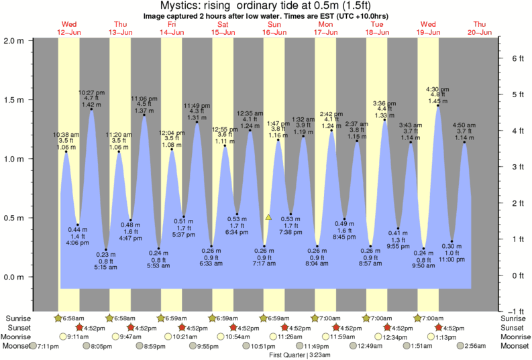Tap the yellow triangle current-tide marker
pyautogui.click(x=268, y=217)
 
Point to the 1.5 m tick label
pyautogui.click(x=14, y=100)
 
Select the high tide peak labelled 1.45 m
pyautogui.click(x=438, y=105)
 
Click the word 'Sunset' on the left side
pyautogui.click(x=17, y=327)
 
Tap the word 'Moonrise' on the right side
pyautogui.click(x=514, y=337)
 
